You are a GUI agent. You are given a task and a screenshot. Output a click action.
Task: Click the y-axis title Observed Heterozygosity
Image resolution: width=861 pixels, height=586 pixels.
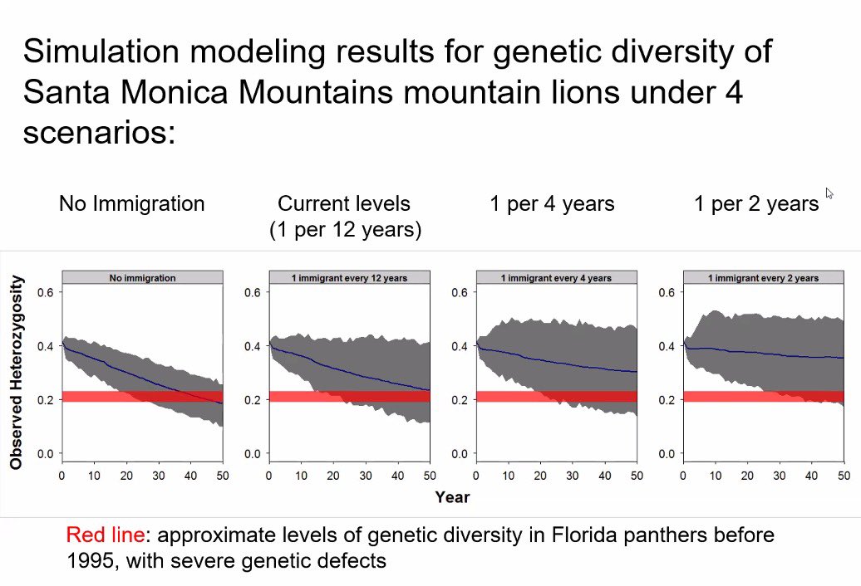16,373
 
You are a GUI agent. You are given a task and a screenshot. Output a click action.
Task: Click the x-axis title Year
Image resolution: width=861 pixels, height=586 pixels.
452,497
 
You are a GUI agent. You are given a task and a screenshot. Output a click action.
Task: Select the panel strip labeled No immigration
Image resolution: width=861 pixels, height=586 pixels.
142,278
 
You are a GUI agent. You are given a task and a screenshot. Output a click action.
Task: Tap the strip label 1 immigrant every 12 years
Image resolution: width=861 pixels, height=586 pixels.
349,278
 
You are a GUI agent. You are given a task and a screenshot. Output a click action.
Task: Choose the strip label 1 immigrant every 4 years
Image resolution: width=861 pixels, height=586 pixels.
556,278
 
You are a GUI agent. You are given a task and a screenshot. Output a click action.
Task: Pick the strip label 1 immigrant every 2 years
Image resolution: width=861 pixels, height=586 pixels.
763,278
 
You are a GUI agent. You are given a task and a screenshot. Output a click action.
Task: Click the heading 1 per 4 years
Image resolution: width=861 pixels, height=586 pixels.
552,204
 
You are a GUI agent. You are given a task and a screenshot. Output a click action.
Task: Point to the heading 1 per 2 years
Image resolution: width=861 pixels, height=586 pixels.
756,204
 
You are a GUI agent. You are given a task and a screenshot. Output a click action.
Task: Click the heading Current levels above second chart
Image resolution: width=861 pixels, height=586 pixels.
344,203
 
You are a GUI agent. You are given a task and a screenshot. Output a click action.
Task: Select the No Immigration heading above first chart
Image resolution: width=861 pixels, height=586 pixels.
131,203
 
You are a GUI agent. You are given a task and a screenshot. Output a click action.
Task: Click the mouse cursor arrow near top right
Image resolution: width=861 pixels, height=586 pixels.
829,193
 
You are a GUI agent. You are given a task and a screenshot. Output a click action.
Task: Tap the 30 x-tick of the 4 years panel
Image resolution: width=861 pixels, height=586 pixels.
572,476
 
